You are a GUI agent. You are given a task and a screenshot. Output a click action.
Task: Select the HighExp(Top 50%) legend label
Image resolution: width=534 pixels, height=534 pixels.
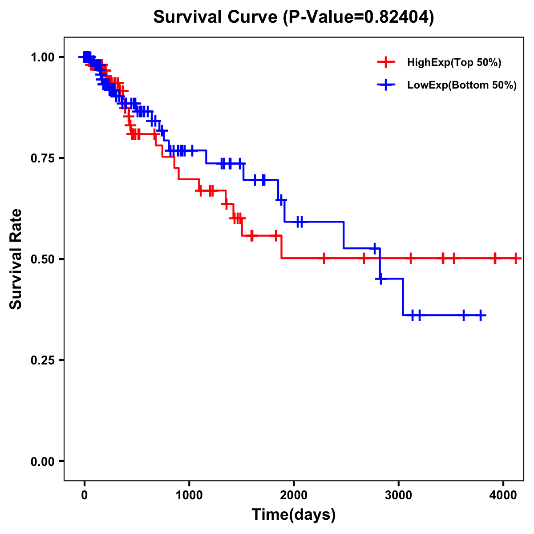454,63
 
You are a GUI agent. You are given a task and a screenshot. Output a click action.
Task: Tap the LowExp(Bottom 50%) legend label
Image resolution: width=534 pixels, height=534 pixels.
462,85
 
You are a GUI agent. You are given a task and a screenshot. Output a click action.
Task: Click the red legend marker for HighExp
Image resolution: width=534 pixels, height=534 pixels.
386,63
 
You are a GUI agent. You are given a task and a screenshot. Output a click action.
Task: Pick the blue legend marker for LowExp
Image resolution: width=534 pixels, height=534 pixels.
386,85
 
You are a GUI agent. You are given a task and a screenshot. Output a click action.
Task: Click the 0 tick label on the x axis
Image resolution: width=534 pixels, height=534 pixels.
85,494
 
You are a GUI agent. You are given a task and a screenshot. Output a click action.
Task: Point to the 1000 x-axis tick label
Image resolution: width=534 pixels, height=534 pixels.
189,494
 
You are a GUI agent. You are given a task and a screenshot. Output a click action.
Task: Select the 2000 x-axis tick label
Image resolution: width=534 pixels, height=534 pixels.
294,494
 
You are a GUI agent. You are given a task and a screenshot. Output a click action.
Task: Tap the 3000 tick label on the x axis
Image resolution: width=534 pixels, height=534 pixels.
399,494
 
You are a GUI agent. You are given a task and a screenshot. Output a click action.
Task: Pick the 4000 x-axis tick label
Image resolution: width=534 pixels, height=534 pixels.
503,494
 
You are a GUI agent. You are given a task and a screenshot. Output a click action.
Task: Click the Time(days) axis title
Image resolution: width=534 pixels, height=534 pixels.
294,515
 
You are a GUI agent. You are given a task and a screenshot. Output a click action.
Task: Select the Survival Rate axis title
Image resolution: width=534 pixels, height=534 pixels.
16,259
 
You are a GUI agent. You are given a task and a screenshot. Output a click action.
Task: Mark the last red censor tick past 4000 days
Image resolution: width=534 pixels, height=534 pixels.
516,258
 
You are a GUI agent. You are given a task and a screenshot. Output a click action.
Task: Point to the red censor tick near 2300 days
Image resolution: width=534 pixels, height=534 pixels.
324,258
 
